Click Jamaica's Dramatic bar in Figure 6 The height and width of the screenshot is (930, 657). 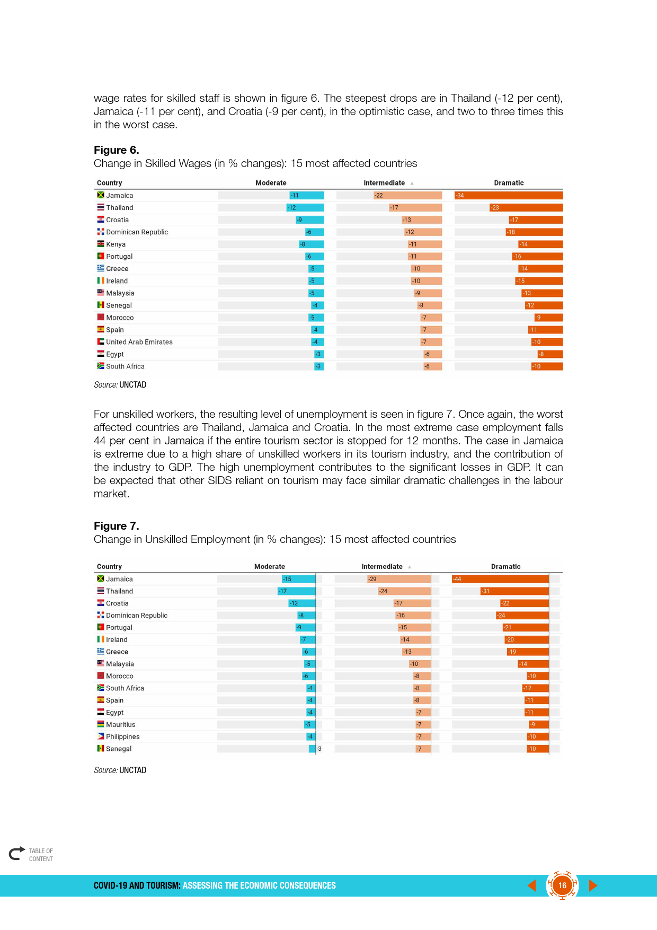[x=509, y=196]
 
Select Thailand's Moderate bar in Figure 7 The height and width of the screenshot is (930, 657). [x=297, y=591]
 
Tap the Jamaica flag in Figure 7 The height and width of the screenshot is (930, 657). [x=101, y=579]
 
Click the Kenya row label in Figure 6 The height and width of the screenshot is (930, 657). [x=116, y=244]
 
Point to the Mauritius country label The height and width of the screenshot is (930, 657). [x=120, y=725]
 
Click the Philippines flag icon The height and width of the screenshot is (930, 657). [x=101, y=736]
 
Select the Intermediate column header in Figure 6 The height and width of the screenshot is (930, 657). [x=384, y=183]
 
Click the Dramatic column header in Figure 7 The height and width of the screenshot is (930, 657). [x=505, y=567]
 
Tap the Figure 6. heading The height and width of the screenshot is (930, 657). [x=117, y=150]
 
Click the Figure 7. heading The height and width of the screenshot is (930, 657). [x=117, y=526]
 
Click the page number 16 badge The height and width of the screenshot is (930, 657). [x=562, y=885]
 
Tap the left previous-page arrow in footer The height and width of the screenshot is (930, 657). [x=532, y=885]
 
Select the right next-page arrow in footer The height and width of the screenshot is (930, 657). [x=593, y=885]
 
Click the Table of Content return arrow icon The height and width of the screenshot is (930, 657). [x=17, y=853]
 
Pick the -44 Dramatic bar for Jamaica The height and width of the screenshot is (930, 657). [x=500, y=579]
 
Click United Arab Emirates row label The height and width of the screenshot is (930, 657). [x=139, y=342]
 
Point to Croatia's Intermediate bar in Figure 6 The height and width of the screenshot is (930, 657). [x=422, y=220]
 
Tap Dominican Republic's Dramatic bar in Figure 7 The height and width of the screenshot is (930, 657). [x=522, y=616]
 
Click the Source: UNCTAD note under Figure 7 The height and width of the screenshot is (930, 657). [x=120, y=770]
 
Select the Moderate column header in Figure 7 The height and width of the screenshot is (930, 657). [x=269, y=567]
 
